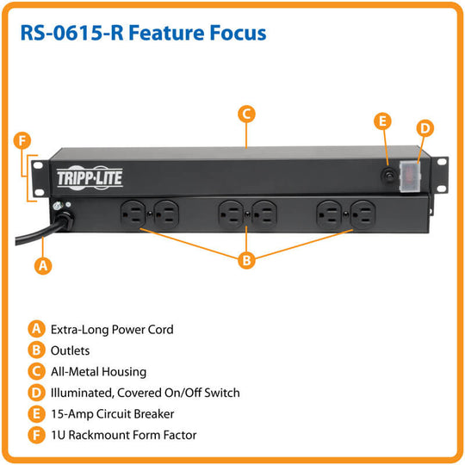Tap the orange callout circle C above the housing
click(x=245, y=114)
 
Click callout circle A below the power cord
click(x=40, y=266)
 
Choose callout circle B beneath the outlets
click(x=247, y=259)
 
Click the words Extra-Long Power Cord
click(x=112, y=329)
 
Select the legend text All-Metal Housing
click(x=98, y=372)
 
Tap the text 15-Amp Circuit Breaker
click(x=111, y=414)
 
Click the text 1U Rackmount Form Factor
click(x=123, y=435)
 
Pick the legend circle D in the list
click(x=36, y=393)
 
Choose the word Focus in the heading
click(x=235, y=34)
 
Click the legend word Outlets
click(x=70, y=350)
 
